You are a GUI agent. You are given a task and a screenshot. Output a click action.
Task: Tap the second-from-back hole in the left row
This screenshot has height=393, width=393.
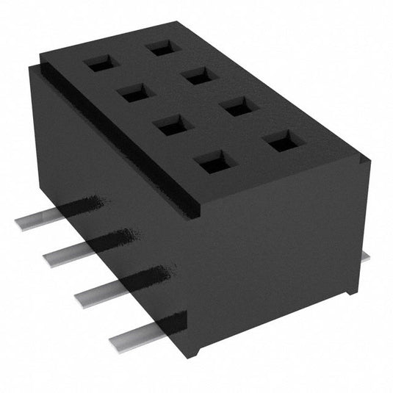pyautogui.click(x=134, y=93)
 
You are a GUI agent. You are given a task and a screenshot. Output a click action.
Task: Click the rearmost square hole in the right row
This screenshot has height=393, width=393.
pyautogui.click(x=161, y=48)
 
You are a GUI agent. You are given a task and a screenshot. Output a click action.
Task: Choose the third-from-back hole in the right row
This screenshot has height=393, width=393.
pyautogui.click(x=239, y=107)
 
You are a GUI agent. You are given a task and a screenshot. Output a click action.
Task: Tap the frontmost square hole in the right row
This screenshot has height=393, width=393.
pyautogui.click(x=282, y=141)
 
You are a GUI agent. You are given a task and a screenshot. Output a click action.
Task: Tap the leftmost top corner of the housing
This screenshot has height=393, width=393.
pyautogui.click(x=28, y=68)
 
